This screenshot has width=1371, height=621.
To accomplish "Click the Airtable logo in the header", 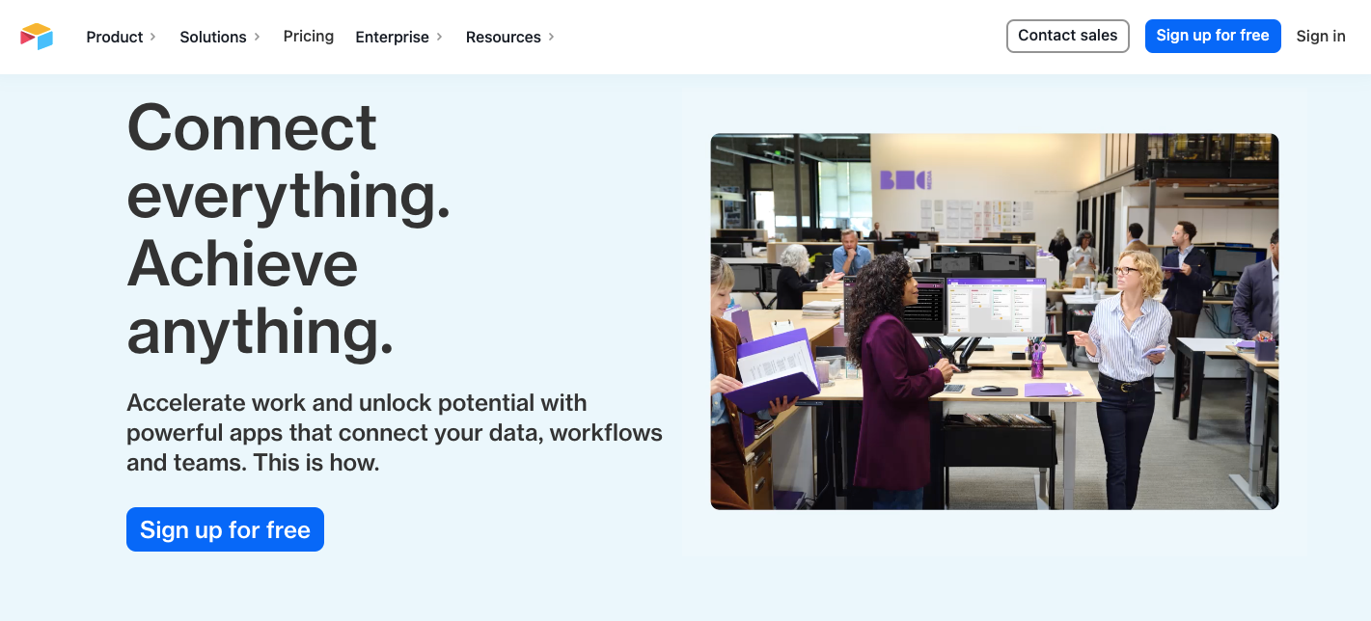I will (x=37, y=37).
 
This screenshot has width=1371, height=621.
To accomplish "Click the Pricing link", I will (x=309, y=37).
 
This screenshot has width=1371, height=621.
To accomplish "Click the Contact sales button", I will (x=1067, y=36).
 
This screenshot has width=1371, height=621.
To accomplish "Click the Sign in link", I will (x=1321, y=36).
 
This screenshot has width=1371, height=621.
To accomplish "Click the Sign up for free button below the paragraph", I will (x=225, y=529).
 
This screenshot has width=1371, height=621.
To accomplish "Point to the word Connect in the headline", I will (x=252, y=127).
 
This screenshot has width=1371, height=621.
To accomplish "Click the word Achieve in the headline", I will (x=242, y=263).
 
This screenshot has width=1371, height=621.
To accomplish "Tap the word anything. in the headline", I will (x=260, y=331).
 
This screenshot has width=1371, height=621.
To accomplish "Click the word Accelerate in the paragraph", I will (x=183, y=402).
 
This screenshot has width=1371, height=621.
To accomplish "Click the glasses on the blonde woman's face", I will (x=1125, y=271).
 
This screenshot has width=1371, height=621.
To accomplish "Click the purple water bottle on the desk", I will (x=1037, y=360).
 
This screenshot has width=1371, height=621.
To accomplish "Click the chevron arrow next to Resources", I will (x=551, y=37).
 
